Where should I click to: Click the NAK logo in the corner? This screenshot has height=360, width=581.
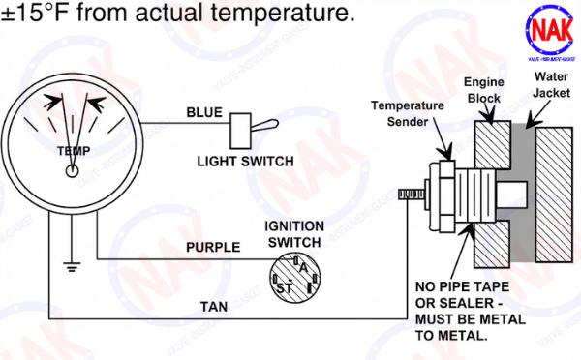(550, 33)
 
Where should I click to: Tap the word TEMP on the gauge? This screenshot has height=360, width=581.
(74, 151)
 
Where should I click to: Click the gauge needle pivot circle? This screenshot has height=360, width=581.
(73, 171)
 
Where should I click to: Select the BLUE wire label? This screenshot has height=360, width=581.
(204, 112)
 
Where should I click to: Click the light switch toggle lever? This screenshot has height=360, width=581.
(265, 125)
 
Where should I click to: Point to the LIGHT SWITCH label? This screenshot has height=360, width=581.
(245, 161)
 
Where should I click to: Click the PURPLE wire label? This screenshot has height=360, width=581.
(213, 247)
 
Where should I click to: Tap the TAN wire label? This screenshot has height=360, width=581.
(214, 307)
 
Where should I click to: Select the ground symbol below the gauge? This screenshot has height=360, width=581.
(72, 266)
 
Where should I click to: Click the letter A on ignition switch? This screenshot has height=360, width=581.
(303, 268)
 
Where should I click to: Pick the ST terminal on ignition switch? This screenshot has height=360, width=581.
(284, 287)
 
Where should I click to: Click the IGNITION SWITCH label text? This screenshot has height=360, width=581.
(294, 234)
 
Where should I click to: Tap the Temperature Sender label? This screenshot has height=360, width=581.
(408, 113)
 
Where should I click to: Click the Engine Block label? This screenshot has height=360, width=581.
(484, 90)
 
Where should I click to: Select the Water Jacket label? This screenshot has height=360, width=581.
(551, 85)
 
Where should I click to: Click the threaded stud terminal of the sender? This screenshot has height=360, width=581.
(412, 195)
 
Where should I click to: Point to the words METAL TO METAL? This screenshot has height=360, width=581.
(471, 327)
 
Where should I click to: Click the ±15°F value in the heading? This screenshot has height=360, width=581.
(36, 13)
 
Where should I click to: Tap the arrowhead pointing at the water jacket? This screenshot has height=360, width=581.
(533, 123)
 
